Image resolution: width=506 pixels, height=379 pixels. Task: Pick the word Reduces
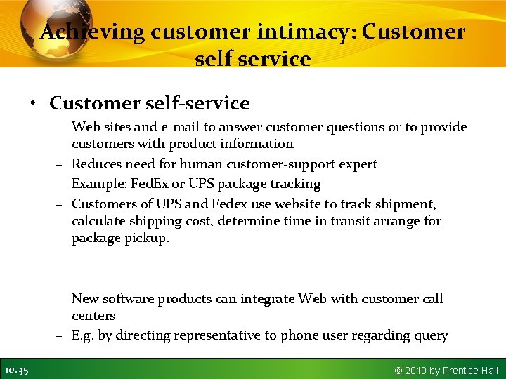point(97,164)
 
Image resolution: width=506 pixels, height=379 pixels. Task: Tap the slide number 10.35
point(16,370)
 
